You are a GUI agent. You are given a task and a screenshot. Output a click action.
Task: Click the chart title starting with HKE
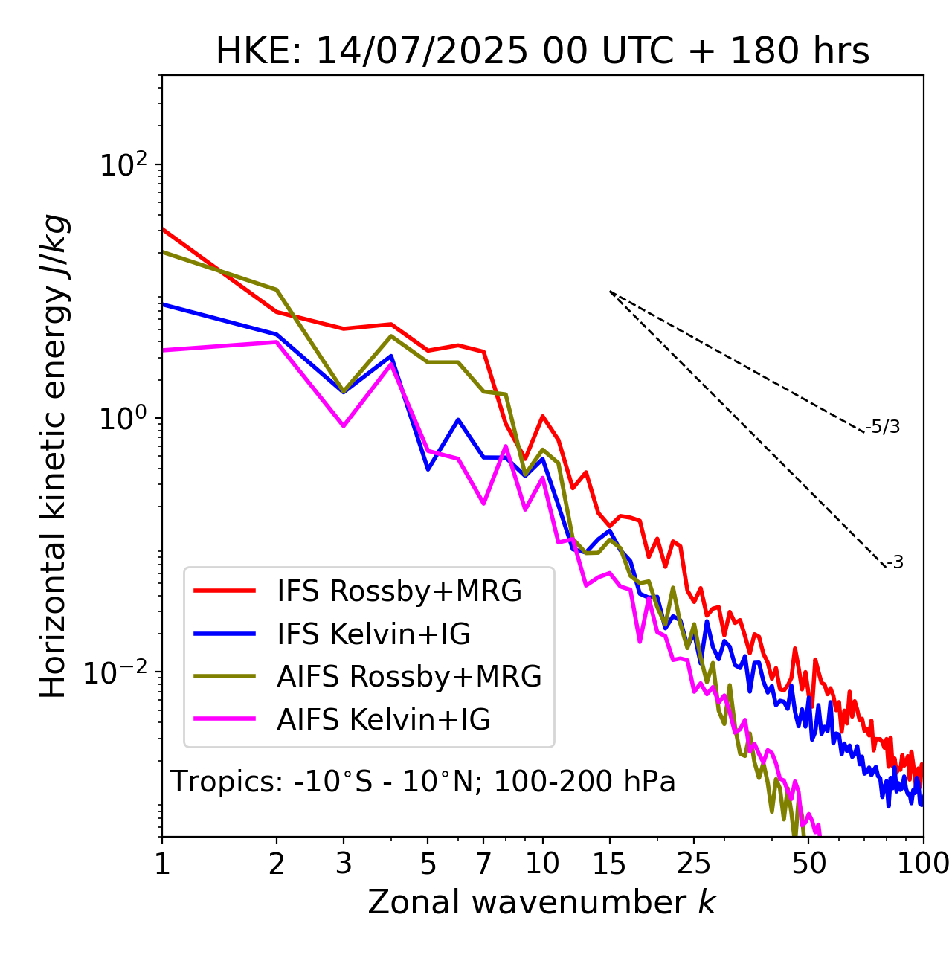[542, 52]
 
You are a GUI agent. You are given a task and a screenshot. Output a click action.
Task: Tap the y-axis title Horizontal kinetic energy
[54, 456]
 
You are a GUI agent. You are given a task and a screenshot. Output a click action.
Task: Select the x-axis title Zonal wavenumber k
[541, 902]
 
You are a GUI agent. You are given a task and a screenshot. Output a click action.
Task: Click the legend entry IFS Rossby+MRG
[399, 591]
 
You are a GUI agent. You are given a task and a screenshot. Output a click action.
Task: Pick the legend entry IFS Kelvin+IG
[373, 634]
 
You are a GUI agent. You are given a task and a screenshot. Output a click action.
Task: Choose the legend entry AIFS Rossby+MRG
[409, 676]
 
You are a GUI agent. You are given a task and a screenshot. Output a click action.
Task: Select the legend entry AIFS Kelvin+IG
[383, 719]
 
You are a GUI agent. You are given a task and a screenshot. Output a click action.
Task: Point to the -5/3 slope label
[883, 427]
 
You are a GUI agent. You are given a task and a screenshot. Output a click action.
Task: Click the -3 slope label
[895, 562]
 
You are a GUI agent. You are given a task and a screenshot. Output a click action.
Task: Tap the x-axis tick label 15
[609, 864]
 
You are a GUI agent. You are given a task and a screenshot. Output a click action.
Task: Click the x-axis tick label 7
[483, 864]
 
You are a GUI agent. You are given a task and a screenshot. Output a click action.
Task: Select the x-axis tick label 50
[809, 864]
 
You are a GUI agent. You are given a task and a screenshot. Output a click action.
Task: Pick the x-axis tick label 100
[924, 864]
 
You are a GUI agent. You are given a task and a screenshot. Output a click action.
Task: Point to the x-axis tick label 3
[344, 864]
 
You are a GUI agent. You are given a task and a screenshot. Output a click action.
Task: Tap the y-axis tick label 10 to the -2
[119, 672]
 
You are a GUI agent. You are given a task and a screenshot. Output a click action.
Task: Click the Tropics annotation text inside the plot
[422, 782]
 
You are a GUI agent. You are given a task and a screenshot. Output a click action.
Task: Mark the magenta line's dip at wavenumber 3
[344, 426]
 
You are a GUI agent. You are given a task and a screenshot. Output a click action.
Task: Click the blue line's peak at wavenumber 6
[458, 419]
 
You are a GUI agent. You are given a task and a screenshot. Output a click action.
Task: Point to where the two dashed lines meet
[609, 291]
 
